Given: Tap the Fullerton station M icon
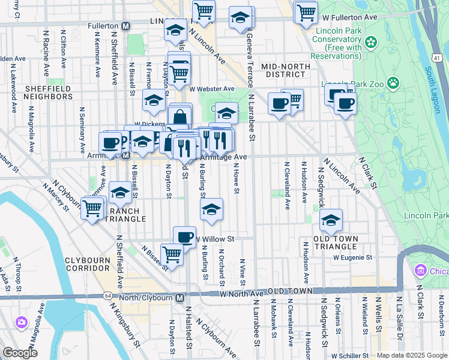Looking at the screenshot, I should [126, 26].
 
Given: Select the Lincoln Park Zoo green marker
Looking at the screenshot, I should [394, 82].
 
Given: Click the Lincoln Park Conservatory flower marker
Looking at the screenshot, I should [371, 42].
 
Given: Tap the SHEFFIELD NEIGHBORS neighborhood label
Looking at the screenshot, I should [48, 93].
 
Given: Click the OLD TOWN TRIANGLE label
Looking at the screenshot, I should [337, 242].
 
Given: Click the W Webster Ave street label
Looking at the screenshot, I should [211, 89].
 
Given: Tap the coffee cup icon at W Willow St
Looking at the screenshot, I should [184, 236].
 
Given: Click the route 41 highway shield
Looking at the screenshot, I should [438, 57].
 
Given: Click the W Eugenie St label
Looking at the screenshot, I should [353, 257].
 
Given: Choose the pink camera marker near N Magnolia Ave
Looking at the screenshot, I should [22, 323].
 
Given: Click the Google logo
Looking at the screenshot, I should [20, 353].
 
